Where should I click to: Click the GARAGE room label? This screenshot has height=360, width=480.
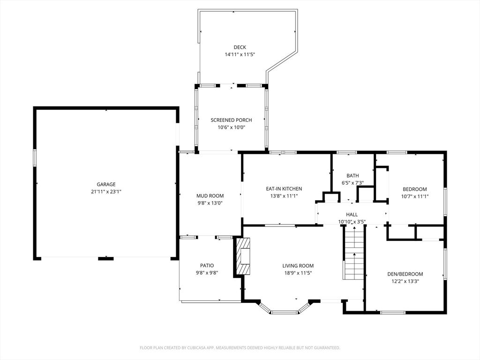click(106, 184)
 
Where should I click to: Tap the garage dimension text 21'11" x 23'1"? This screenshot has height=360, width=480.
click(106, 192)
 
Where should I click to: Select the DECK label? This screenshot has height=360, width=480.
click(240, 47)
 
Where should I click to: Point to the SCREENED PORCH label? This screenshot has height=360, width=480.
click(231, 120)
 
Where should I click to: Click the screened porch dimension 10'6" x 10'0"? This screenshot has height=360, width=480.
click(231, 127)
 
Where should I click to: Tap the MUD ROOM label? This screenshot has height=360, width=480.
click(210, 196)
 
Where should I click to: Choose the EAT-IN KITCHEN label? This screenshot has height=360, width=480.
click(284, 188)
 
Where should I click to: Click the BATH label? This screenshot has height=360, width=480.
click(352, 176)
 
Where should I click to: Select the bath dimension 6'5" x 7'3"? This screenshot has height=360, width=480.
click(352, 183)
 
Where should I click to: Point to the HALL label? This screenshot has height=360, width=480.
click(352, 214)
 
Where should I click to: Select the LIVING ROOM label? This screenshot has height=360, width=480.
click(298, 265)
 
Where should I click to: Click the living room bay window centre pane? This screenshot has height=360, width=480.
click(285, 312)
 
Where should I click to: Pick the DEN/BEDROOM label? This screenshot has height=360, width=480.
click(405, 274)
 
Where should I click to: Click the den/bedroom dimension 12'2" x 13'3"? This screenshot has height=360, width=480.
click(405, 282)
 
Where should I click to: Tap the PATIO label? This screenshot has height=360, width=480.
click(207, 265)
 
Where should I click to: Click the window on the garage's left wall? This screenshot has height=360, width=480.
click(34, 157)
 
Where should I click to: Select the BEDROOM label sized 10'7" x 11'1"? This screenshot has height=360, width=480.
click(415, 189)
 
